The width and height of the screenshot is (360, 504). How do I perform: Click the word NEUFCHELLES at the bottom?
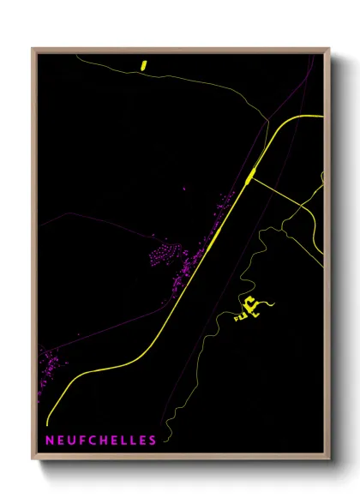(x=95, y=441)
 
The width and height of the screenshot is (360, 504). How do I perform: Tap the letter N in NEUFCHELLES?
(x=39, y=441)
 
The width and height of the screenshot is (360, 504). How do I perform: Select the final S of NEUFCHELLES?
(x=153, y=441)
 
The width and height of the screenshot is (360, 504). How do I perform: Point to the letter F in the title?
(x=74, y=441)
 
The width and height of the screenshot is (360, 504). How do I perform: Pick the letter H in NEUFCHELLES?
(x=97, y=441)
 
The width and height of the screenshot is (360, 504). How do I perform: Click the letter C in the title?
(x=85, y=441)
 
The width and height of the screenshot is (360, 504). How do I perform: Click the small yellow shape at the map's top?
(x=144, y=63)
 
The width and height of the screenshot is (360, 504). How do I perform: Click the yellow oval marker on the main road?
(x=249, y=176)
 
